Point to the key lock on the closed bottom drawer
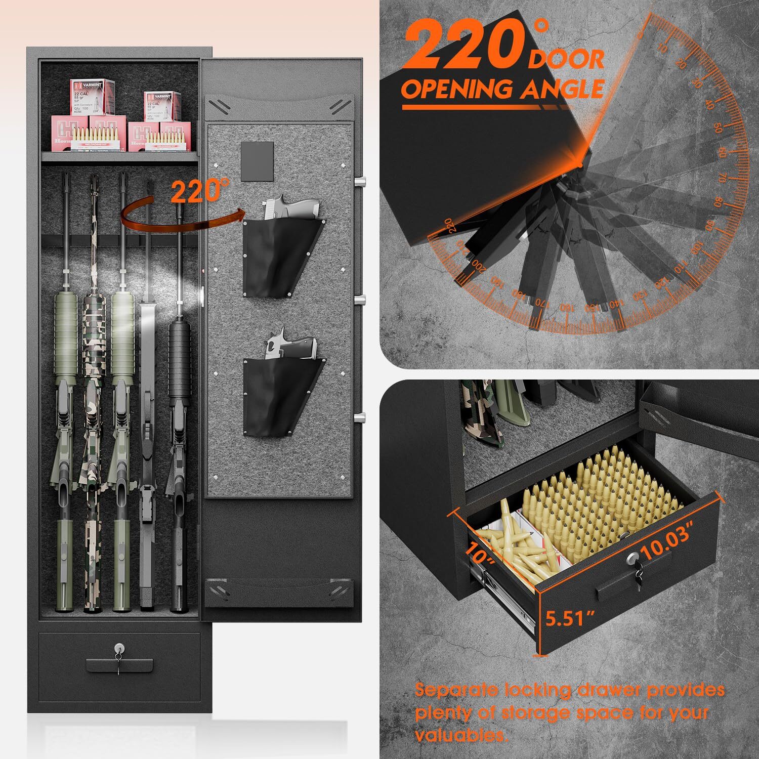tap(119, 648)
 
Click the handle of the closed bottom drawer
tap(119, 664)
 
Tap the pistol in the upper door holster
tap(291, 207)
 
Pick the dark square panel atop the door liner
tap(257, 162)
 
